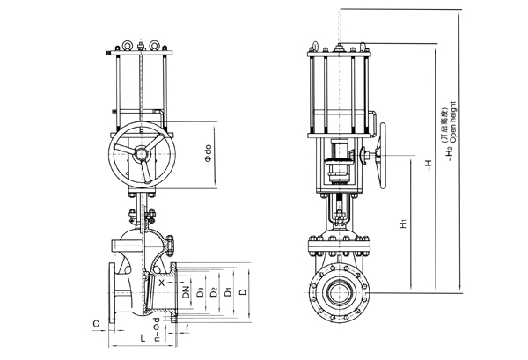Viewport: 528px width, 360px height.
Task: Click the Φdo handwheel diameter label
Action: pyautogui.click(x=208, y=155)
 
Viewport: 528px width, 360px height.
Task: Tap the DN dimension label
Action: pyautogui.click(x=185, y=291)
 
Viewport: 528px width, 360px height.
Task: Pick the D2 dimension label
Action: pyautogui.click(x=214, y=291)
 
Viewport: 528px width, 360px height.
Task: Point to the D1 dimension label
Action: pyautogui.click(x=228, y=291)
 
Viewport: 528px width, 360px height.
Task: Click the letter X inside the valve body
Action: pyautogui.click(x=162, y=283)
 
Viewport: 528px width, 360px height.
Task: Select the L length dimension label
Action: pyautogui.click(x=142, y=339)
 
